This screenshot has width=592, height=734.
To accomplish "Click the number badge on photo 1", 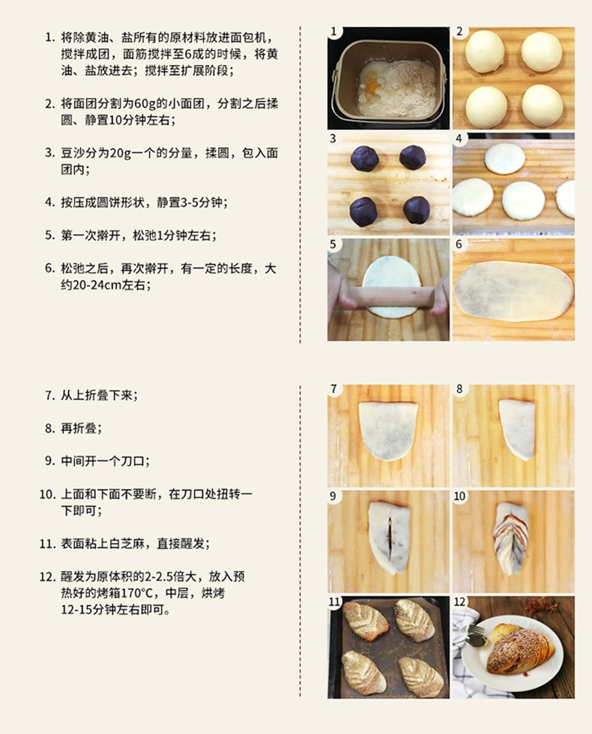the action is click(x=333, y=31).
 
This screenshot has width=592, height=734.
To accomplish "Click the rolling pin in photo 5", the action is click(x=388, y=297).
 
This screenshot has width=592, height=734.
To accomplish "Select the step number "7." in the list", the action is click(x=50, y=395).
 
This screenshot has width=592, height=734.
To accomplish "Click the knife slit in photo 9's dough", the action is click(x=389, y=535).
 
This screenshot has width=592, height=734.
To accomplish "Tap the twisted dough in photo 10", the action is click(x=513, y=538).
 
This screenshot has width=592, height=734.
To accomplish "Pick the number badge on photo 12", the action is click(x=459, y=601).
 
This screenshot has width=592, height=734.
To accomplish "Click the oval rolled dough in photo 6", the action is click(x=514, y=291).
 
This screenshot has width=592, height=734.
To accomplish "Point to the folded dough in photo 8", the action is click(x=517, y=430).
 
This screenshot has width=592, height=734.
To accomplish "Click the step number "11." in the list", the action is click(x=48, y=544).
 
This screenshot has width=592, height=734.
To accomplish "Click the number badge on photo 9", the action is click(x=333, y=496).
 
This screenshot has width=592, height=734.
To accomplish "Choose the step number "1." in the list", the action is click(x=50, y=37).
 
